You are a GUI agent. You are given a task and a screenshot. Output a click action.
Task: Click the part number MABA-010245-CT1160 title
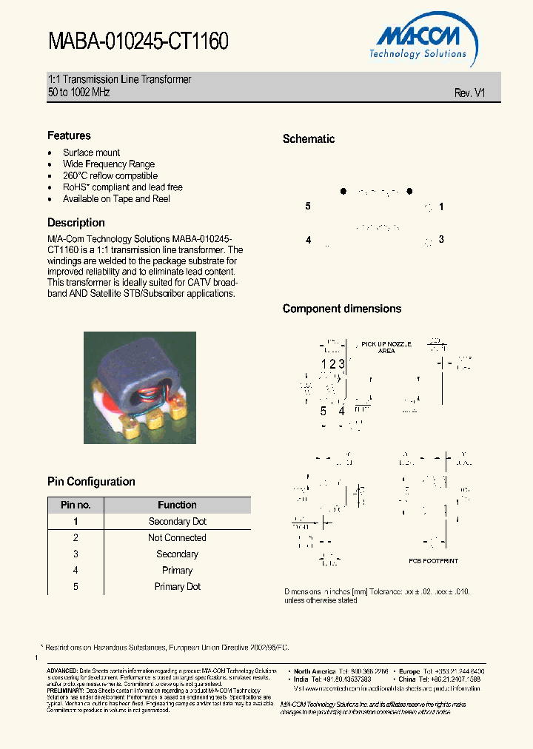138,41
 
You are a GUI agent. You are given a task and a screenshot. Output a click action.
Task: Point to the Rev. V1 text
469,93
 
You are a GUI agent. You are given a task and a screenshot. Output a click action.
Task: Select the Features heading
69,135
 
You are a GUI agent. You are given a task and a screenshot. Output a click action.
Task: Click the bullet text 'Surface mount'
91,152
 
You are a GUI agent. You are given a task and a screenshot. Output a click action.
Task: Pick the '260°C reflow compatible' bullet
110,176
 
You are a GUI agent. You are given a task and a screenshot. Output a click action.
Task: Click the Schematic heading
309,139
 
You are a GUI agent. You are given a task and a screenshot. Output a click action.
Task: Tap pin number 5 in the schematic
308,206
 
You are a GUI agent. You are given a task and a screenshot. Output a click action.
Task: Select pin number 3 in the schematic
441,239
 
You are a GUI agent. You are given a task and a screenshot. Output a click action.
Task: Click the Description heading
76,223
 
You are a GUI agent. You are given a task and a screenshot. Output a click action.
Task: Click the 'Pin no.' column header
76,505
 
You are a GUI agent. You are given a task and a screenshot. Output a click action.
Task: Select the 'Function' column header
177,505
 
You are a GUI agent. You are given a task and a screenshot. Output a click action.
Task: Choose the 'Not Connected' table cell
177,538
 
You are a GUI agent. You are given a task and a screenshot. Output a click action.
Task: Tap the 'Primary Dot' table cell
177,587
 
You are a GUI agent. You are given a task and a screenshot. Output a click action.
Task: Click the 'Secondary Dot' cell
177,522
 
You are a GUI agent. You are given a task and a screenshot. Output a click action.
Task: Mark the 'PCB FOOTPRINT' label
433,561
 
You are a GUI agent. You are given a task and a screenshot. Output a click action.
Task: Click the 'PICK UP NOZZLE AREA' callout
386,348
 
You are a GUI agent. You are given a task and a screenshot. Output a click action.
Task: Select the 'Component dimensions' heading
342,309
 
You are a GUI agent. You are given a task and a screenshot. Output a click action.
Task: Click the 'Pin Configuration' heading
91,482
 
